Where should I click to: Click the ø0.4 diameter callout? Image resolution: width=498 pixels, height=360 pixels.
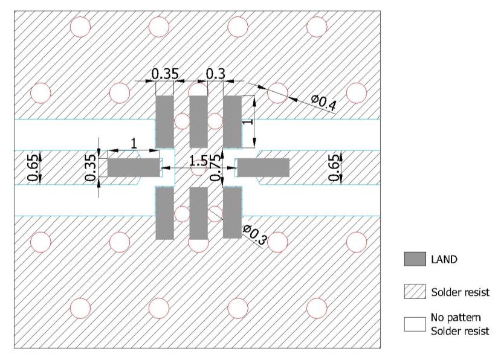pos(323,103)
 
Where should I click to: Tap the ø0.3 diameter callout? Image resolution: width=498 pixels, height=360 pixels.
pos(254,234)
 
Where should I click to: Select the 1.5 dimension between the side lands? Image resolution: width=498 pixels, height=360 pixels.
pos(198,161)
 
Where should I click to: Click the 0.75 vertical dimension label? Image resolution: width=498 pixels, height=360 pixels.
pos(216,167)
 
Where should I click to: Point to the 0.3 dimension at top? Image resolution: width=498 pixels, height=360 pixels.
pos(215,74)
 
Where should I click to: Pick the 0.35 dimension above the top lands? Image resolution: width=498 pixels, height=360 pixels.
pos(165,74)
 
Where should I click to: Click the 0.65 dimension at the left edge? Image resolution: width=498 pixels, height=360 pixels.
pos(33,167)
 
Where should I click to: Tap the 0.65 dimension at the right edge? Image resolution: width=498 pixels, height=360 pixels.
pos(334,167)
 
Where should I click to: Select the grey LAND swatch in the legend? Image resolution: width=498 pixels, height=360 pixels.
pos(415,259)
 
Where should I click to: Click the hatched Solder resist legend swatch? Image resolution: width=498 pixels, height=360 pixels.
pos(415,291)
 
